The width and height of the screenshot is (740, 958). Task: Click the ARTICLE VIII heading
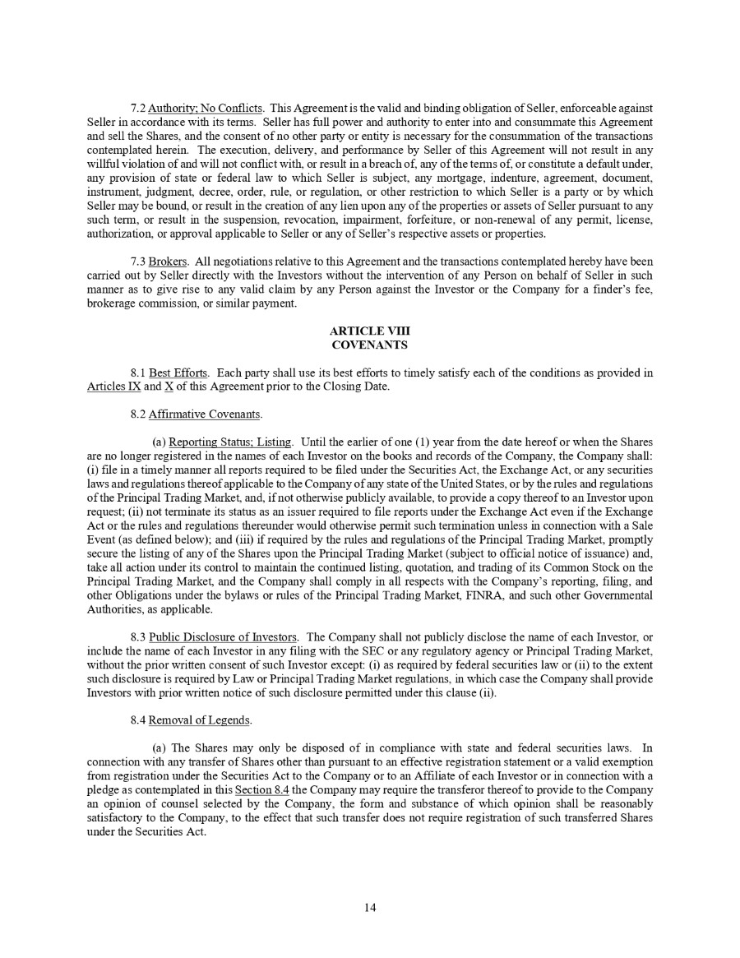[369, 332]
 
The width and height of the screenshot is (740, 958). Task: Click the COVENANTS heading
[369, 345]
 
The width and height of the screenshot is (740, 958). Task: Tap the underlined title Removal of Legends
[200, 720]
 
